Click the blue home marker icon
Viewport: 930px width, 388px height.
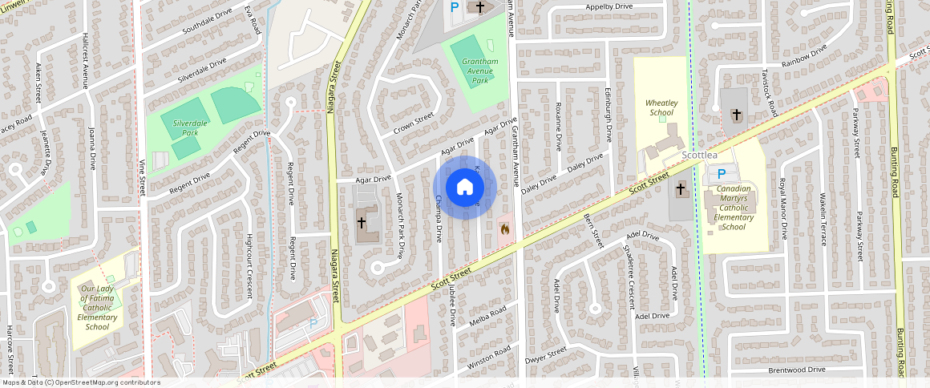pos(465,188)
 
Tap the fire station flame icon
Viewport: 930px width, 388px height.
pos(504,229)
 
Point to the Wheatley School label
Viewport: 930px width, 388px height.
pos(662,108)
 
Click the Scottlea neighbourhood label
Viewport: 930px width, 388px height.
pos(699,156)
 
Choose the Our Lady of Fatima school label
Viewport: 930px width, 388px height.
pos(97,308)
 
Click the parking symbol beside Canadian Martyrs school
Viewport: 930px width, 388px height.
pos(721,174)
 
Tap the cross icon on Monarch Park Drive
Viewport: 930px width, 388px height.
pos(362,222)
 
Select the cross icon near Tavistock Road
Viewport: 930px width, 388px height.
pos(736,115)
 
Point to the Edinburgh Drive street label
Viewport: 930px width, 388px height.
pos(609,115)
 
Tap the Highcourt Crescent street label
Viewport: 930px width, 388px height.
pos(249,265)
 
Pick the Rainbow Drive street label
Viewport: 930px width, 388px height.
pos(804,59)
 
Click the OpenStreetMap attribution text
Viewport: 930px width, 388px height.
pos(81,382)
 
